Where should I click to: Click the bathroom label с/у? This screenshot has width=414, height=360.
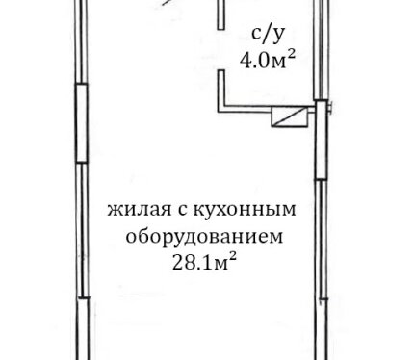[268, 35]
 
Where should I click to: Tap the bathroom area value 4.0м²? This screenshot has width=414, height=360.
[267, 60]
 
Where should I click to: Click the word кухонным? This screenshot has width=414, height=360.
[245, 210]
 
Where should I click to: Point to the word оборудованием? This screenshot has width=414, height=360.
[204, 238]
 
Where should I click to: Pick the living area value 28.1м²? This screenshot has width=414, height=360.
[204, 262]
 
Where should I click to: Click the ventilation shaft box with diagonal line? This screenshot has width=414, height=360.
[289, 116]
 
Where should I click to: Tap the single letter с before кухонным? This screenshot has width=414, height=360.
[183, 211]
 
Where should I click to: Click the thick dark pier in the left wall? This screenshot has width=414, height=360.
[82, 123]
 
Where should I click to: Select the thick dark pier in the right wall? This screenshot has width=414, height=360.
[321, 140]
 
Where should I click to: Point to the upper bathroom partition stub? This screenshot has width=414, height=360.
[220, 14]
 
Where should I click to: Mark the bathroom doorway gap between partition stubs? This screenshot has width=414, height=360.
[220, 50]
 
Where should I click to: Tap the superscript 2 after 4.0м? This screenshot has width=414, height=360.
[291, 55]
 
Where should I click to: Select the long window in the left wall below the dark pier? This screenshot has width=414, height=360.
[83, 230]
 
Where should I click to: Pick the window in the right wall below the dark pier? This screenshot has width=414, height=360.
[322, 240]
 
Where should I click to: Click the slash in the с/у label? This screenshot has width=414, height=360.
[268, 35]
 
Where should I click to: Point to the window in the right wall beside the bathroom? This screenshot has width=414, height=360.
[322, 50]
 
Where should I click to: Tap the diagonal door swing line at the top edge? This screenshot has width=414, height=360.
[167, 3]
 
